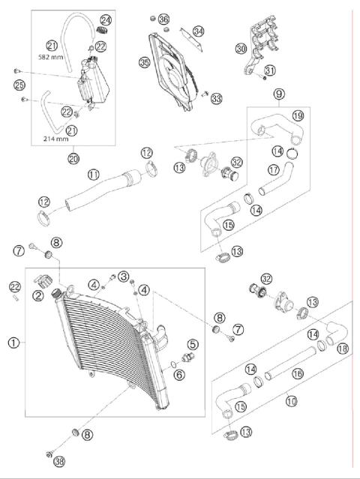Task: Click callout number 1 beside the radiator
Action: [13, 343]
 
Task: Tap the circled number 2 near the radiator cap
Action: [37, 295]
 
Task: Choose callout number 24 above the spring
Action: [106, 19]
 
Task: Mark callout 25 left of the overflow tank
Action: [20, 85]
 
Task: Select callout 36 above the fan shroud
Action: [164, 18]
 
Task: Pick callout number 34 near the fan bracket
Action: [198, 31]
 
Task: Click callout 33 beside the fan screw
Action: [217, 98]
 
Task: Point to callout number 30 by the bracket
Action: [241, 49]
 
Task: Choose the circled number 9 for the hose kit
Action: [279, 94]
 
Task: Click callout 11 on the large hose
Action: [94, 175]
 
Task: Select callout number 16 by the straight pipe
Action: [298, 373]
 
